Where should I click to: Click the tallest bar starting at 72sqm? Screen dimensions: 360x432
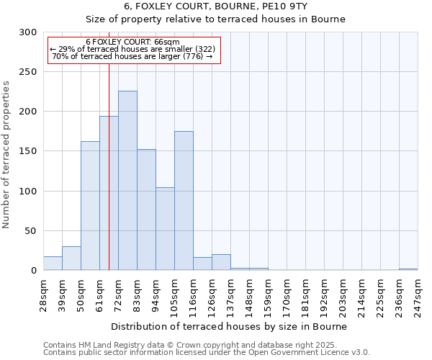click(127, 180)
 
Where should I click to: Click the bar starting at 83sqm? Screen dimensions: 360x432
click(146, 210)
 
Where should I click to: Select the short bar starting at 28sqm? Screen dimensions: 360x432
click(53, 264)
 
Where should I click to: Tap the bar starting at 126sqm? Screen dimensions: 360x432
click(221, 262)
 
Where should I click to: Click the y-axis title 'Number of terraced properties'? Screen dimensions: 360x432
click(7, 155)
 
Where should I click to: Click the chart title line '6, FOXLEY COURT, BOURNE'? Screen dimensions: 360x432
click(215, 6)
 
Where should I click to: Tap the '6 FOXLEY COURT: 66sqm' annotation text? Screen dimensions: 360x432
click(132, 42)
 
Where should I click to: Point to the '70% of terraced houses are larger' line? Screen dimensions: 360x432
click(132, 56)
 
